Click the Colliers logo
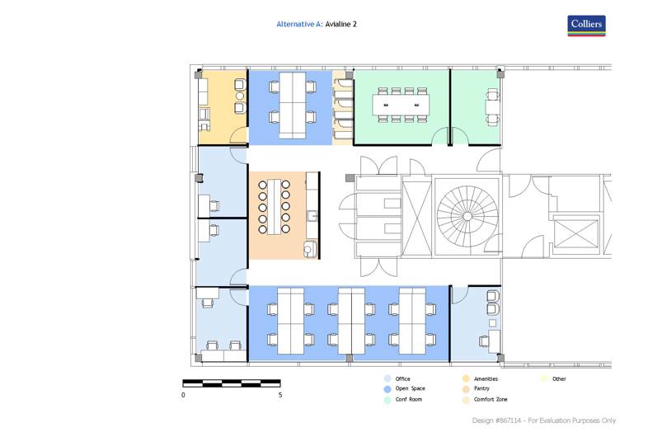click(586, 26)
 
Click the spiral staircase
click(467, 216)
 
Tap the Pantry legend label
click(481, 388)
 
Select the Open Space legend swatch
click(387, 389)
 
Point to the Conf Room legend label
click(409, 399)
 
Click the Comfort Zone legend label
click(491, 399)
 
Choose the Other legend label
click(559, 378)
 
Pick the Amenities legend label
click(486, 378)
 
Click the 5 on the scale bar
click(280, 395)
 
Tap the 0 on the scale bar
click(183, 395)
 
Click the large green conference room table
click(401, 105)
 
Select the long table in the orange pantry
click(274, 207)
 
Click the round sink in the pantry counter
click(308, 249)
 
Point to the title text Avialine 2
click(340, 24)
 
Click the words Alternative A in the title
click(298, 24)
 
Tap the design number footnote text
click(544, 420)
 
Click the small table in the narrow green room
click(493, 106)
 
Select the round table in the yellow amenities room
click(240, 96)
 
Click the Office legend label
click(402, 378)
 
